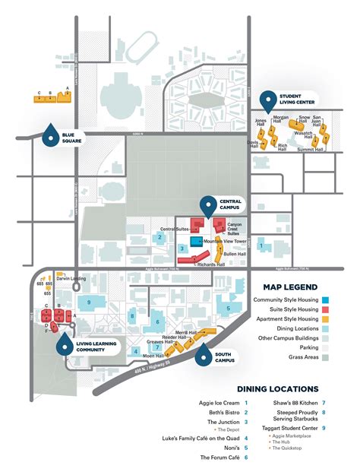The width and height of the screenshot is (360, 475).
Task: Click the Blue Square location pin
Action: (x=50, y=135)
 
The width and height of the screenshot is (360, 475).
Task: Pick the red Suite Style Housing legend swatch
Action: (x=324, y=310)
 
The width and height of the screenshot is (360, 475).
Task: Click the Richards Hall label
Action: (x=210, y=264)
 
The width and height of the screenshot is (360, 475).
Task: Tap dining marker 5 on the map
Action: (x=228, y=308)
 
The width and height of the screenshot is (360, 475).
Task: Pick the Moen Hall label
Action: (x=153, y=356)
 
